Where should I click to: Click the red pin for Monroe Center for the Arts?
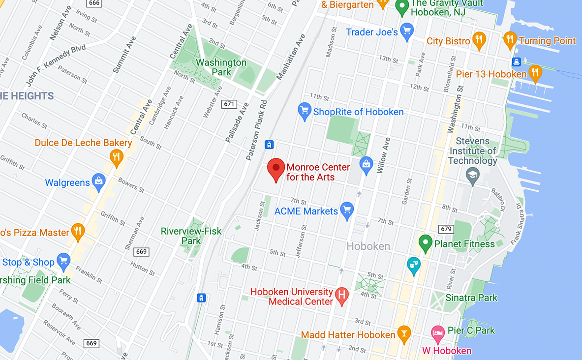[x=276, y=169]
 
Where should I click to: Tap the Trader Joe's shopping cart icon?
[x=406, y=32]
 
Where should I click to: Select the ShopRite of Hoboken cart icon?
[x=305, y=111]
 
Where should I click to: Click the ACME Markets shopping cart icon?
[x=347, y=211]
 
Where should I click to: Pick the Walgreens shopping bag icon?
[x=99, y=182]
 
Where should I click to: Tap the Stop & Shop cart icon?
[x=63, y=262]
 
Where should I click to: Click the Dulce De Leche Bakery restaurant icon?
[x=116, y=158]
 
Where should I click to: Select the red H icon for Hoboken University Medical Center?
[x=341, y=296]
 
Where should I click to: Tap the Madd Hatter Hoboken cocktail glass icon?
[x=404, y=334]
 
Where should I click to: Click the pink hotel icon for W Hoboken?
[x=437, y=334]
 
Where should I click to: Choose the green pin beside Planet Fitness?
[x=425, y=242]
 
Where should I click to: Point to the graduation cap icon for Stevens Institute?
[x=472, y=176]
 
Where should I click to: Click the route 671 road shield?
[x=229, y=104]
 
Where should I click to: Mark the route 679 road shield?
[x=446, y=229]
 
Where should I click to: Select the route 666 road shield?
[x=94, y=3]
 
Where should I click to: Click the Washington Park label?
[x=221, y=67]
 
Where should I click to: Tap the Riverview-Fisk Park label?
[x=191, y=236]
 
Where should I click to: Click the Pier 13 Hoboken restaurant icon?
[x=535, y=74]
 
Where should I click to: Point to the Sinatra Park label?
[x=471, y=298]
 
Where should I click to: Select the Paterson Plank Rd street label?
[x=257, y=131]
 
